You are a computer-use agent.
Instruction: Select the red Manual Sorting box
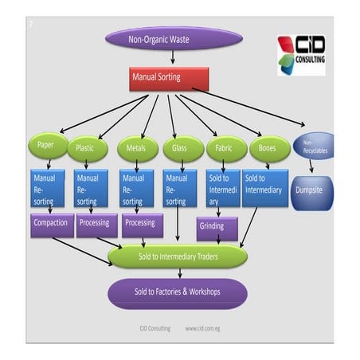(x=169, y=79)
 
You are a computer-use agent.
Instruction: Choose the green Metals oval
(x=138, y=149)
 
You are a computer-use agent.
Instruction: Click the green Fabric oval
(x=225, y=149)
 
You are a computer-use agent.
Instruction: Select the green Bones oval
(x=268, y=148)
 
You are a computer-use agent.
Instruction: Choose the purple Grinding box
(x=217, y=227)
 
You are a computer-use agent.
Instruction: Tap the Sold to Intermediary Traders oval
(x=178, y=256)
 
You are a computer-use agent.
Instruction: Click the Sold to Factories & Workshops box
(x=178, y=292)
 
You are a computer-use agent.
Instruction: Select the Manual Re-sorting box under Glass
(x=181, y=190)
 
